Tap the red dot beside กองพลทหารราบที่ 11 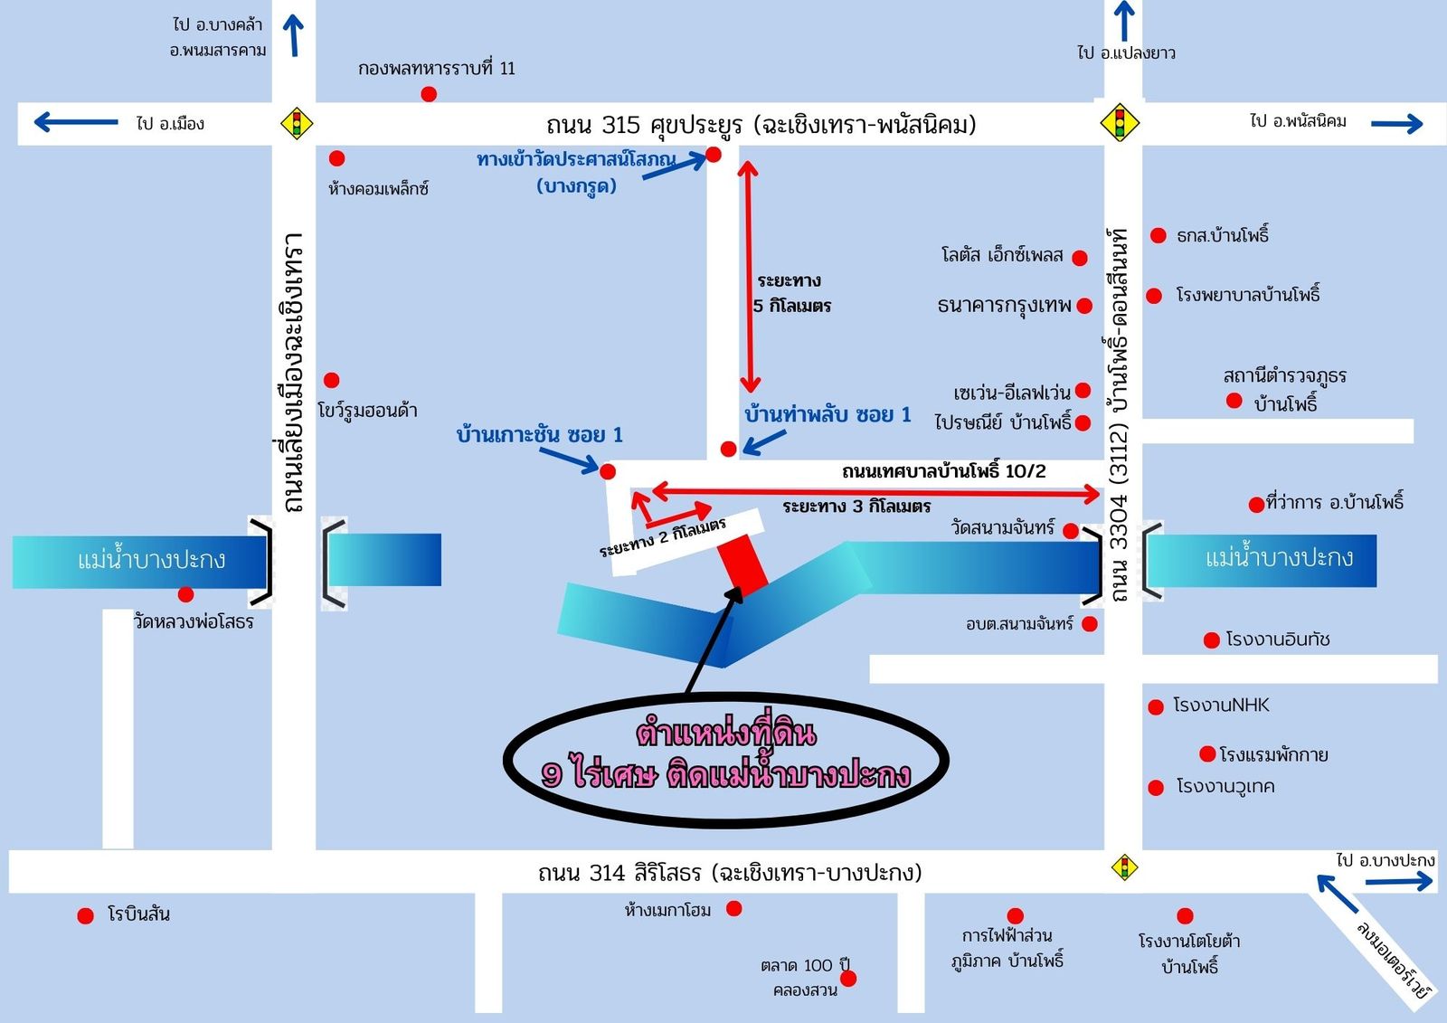point(429,94)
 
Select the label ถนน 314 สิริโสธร point(730,873)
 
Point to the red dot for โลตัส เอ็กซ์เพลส point(1079,258)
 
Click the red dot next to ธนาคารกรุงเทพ point(1084,306)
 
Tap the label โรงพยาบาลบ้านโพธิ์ point(1248,295)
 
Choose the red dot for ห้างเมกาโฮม point(734,908)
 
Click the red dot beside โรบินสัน point(86,915)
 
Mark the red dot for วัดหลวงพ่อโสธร point(186,594)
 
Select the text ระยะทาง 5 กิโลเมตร point(791,293)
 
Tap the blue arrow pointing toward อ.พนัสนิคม point(1396,124)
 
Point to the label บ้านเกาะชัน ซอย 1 point(540,435)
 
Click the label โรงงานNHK point(1221,706)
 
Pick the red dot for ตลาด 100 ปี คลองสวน point(848,978)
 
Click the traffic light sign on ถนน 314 point(1124,867)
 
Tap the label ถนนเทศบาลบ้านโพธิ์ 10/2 point(943,471)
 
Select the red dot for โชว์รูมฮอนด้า point(332,380)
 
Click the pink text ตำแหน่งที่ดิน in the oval point(726,732)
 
